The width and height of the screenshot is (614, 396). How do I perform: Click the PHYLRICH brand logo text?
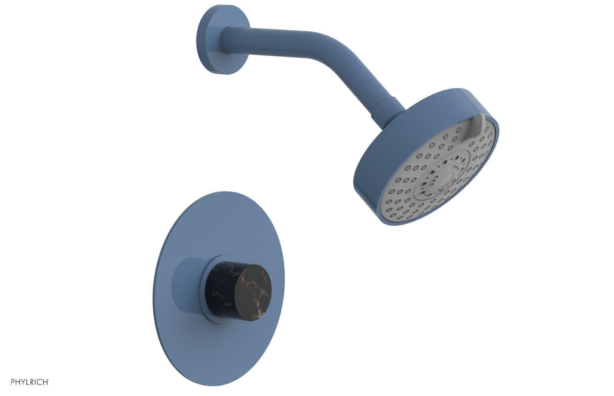coord(30,382)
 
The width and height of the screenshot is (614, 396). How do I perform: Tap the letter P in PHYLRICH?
coord(13,382)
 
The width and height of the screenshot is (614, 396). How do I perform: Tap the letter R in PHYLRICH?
coord(33,382)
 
